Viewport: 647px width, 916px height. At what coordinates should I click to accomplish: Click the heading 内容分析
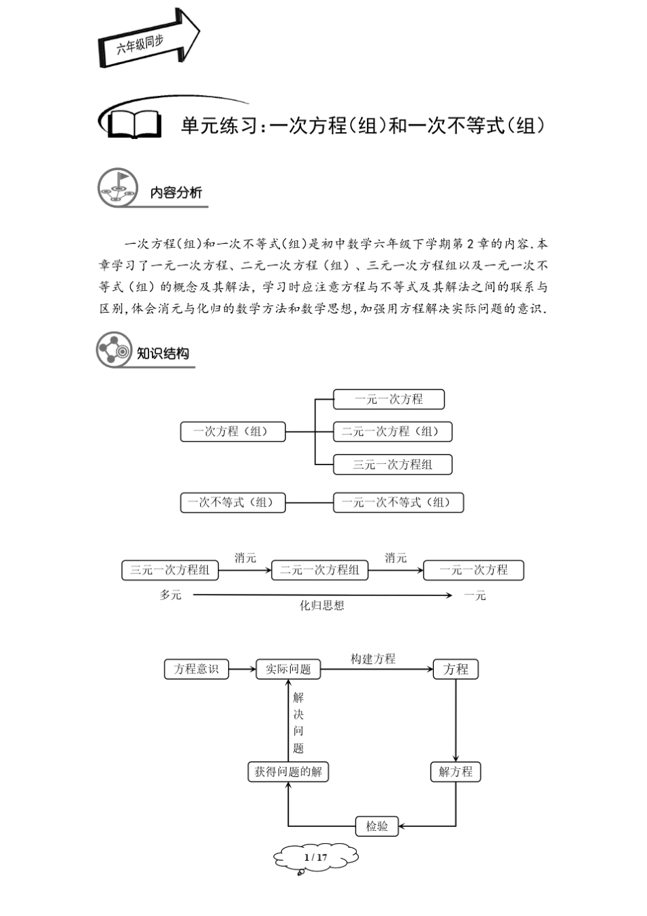(176, 193)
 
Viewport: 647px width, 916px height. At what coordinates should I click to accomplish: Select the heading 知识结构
(163, 353)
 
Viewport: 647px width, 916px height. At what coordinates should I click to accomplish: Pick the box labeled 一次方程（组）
(232, 432)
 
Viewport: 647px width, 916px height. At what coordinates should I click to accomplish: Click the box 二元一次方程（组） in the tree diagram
(392, 432)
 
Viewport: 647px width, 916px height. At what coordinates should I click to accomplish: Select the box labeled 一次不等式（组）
(232, 503)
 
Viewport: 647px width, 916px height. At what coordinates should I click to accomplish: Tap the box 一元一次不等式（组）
(398, 503)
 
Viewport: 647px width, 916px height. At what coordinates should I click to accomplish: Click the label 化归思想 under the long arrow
(322, 605)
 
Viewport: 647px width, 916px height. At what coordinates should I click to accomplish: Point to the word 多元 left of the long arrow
(170, 595)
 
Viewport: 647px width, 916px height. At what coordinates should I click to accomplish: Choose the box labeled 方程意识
(196, 669)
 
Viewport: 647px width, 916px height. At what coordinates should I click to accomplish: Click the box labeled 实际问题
(287, 669)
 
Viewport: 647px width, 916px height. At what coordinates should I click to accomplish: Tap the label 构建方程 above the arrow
(373, 659)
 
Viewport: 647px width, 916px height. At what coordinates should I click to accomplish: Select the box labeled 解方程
(456, 772)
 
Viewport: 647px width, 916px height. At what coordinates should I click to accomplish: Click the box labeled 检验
(377, 826)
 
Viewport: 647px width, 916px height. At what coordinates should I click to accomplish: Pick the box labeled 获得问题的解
(287, 772)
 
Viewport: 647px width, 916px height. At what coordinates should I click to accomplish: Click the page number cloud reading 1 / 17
(316, 857)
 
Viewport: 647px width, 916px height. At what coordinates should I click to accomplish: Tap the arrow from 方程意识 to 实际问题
(241, 669)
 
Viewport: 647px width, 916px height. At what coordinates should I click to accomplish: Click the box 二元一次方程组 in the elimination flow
(319, 570)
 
